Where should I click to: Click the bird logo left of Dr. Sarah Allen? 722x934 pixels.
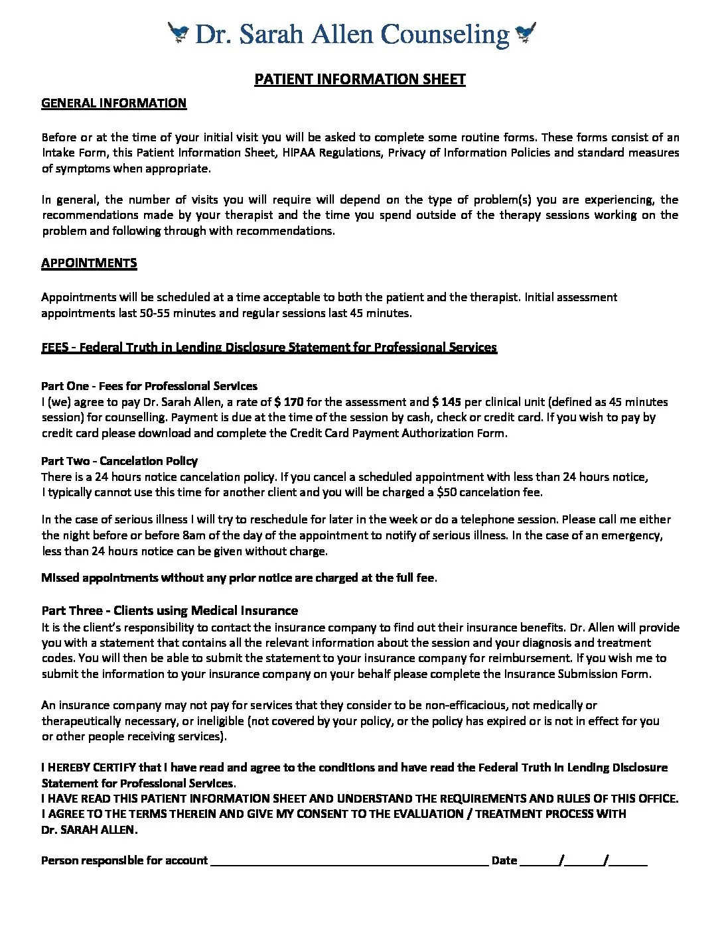pos(179,33)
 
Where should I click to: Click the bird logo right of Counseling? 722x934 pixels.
pos(525,33)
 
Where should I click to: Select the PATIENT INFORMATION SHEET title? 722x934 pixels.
pos(360,80)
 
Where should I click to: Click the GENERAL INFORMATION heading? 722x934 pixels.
pos(113,103)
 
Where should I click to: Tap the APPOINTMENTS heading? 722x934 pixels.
pos(89,263)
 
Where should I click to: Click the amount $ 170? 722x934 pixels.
pos(289,402)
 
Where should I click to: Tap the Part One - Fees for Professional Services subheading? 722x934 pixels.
pos(149,386)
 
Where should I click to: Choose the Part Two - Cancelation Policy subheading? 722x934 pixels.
pos(119,461)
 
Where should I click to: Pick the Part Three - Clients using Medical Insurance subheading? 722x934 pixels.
pos(169,610)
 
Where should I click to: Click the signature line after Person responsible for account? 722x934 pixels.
pos(348,861)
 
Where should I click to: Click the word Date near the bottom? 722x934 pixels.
pos(504,860)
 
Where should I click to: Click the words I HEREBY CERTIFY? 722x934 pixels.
pos(89,767)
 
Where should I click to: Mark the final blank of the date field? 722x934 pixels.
pos(628,861)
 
